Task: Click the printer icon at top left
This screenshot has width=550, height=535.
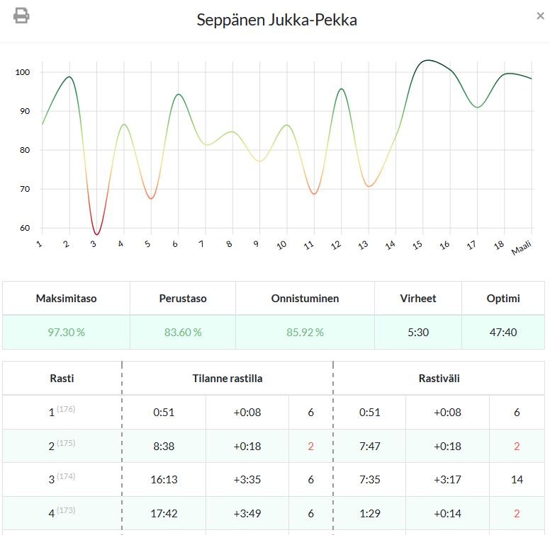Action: click(x=21, y=16)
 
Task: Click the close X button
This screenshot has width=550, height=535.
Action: click(x=540, y=16)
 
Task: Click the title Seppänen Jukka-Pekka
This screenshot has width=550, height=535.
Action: click(x=276, y=20)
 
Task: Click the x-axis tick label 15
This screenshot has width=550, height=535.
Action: click(x=418, y=245)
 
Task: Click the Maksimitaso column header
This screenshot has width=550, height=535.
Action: click(x=66, y=299)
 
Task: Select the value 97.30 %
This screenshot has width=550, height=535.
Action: click(x=66, y=332)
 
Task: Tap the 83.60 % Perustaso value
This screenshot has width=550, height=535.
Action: click(x=183, y=332)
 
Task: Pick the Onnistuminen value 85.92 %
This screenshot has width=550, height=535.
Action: click(x=305, y=332)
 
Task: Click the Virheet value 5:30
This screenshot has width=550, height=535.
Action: click(x=418, y=332)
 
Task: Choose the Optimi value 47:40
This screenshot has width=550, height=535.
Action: click(x=503, y=332)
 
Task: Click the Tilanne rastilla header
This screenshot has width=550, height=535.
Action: click(x=228, y=379)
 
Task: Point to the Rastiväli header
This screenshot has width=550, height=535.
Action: click(x=439, y=379)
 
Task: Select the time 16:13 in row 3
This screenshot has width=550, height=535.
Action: click(x=164, y=479)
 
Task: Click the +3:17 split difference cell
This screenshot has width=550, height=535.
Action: click(x=447, y=479)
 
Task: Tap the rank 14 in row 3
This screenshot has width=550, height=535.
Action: click(x=517, y=479)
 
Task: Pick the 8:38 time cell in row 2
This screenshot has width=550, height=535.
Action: click(x=164, y=446)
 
